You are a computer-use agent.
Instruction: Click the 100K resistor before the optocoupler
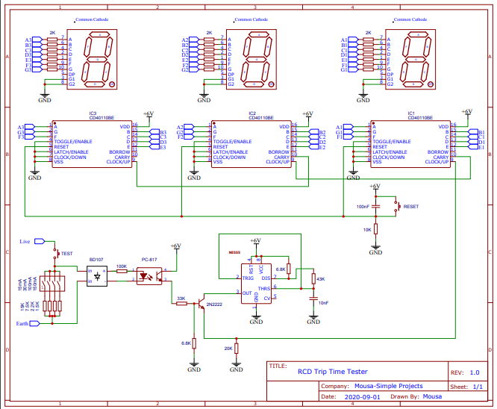point(122,271)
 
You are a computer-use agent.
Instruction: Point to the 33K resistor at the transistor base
point(181,304)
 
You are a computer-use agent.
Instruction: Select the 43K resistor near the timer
point(313,279)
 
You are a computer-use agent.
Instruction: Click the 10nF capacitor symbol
point(313,296)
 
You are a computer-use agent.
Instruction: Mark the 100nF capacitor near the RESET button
point(375,204)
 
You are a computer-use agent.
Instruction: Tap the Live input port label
point(25,242)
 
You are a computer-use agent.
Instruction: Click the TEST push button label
point(66,254)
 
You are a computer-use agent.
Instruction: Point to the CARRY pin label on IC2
point(281,157)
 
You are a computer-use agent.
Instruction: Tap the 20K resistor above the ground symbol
point(236,349)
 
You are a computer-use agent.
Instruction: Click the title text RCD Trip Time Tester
point(333,372)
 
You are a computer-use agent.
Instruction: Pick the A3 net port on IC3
point(21,127)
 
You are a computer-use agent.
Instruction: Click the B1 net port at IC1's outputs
point(481,131)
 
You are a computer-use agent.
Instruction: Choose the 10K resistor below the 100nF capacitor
point(375,229)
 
